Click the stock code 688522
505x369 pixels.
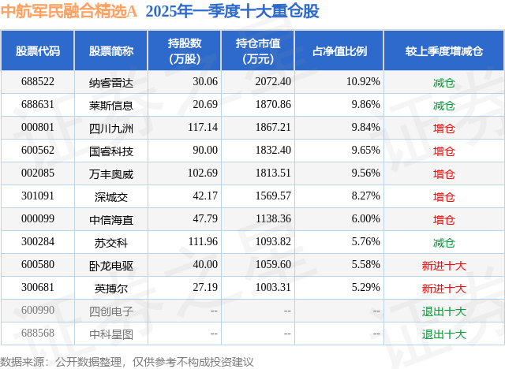(x=38, y=82)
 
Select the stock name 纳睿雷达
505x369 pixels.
(x=111, y=82)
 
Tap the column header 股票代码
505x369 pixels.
(x=38, y=51)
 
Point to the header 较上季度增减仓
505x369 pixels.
(x=443, y=51)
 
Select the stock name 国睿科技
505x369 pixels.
(x=111, y=151)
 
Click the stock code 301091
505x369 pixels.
(x=38, y=196)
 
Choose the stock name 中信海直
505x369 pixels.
(x=111, y=219)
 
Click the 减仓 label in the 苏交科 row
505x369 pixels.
(x=444, y=242)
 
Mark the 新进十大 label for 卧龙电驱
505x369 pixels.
(x=444, y=265)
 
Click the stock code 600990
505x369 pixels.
(x=38, y=311)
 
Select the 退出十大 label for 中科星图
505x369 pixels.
(x=444, y=334)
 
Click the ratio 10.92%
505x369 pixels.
(x=363, y=82)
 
